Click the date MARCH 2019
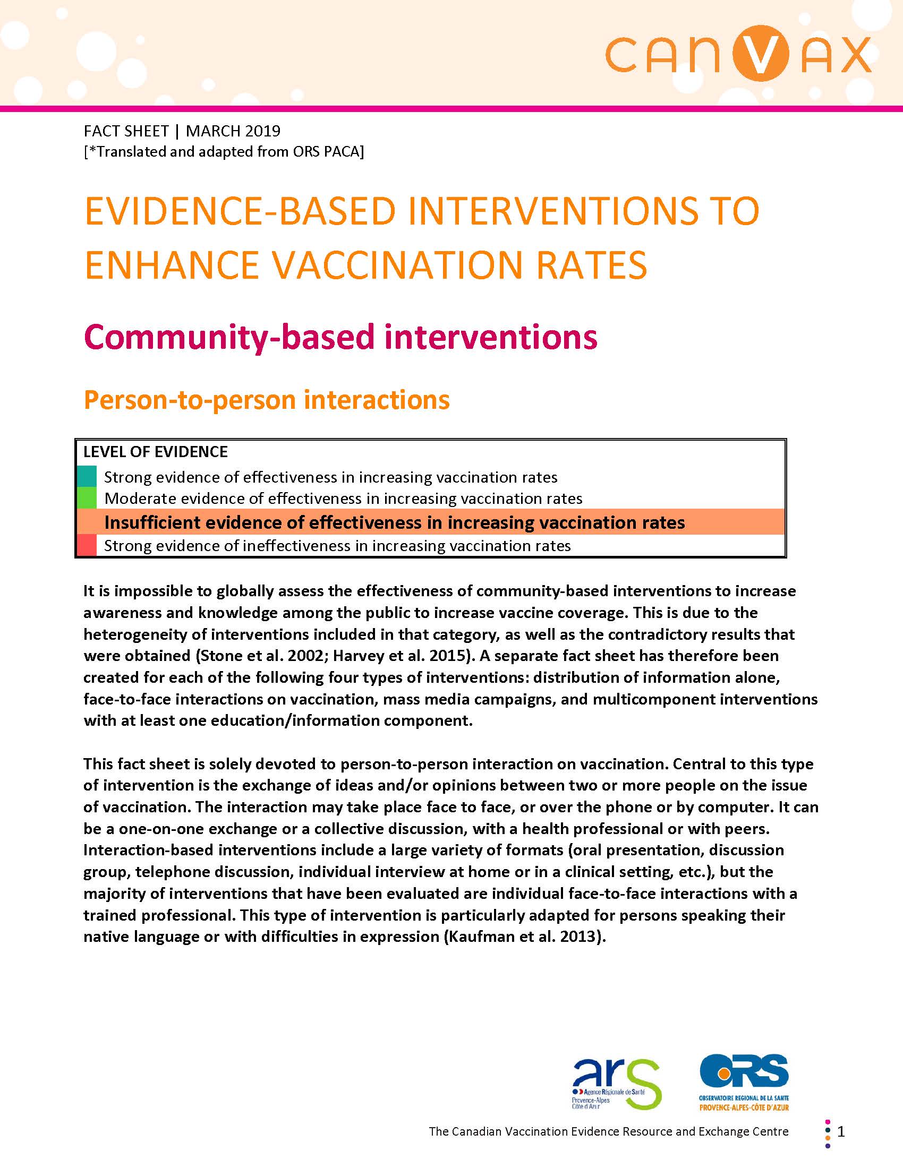233,131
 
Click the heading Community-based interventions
340,337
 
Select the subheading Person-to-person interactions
267,400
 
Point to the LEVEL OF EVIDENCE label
155,452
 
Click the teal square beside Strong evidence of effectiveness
86,476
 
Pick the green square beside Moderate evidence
86,498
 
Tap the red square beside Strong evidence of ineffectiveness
86,545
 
